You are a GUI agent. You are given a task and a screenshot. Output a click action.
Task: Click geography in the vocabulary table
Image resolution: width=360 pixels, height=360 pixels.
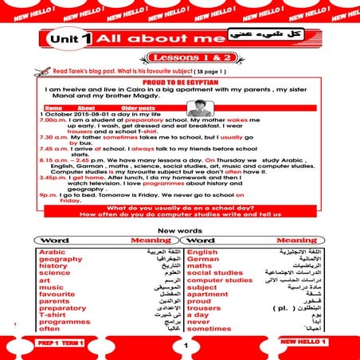pyautogui.click(x=61, y=260)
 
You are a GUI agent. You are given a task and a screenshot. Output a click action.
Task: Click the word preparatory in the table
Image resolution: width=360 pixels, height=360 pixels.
pyautogui.click(x=62, y=307)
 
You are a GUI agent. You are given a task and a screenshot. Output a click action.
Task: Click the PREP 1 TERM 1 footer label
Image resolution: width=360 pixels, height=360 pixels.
pyautogui.click(x=56, y=342)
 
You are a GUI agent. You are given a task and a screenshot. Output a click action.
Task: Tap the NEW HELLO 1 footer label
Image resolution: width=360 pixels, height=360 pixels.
pyautogui.click(x=303, y=342)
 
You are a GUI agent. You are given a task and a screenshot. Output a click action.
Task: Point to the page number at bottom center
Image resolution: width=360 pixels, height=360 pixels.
pyautogui.click(x=184, y=346)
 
